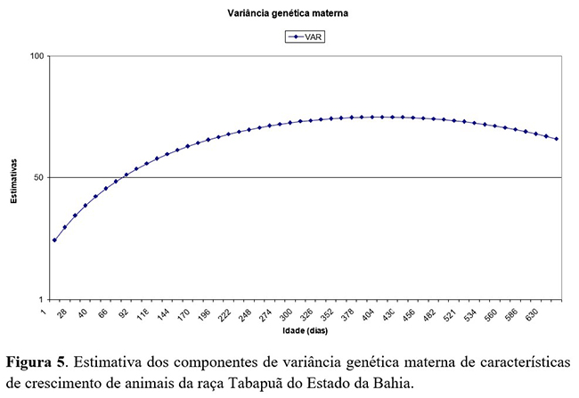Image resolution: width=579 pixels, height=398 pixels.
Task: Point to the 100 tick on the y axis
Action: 37,56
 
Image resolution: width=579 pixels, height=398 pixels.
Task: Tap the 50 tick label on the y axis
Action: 39,177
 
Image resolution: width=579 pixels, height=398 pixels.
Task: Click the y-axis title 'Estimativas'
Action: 14,177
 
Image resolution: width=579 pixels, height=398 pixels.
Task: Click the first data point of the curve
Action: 54,240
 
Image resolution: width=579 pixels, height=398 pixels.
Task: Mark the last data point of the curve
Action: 557,139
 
